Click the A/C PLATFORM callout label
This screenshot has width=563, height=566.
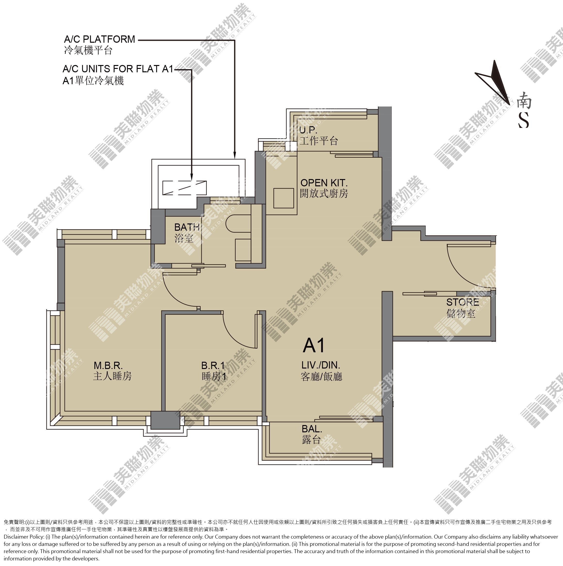[100, 39]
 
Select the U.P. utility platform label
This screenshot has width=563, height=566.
[308, 130]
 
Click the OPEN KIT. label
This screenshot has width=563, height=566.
[324, 183]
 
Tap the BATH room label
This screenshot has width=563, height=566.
[187, 227]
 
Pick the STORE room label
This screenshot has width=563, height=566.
[463, 302]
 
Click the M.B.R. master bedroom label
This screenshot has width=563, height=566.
[108, 366]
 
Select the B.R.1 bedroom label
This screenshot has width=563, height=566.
[213, 366]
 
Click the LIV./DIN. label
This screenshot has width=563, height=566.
[321, 365]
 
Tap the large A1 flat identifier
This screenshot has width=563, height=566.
[314, 345]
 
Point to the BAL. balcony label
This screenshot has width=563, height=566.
[312, 429]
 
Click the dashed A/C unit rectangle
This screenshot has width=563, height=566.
[184, 188]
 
